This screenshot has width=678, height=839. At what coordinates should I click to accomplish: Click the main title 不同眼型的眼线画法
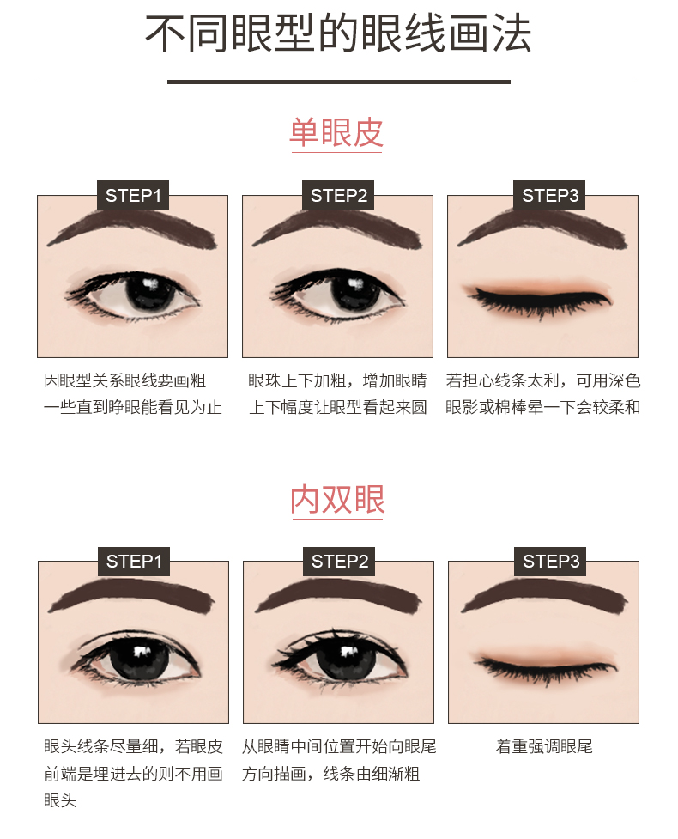(338, 35)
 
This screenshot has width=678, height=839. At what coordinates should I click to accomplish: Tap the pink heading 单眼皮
(336, 133)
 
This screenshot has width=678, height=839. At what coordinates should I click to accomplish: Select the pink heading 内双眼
(337, 500)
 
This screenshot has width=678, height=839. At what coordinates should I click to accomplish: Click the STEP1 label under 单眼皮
(133, 195)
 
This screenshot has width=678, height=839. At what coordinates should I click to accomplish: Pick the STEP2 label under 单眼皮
(338, 195)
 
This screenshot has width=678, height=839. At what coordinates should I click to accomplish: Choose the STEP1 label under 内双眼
(133, 562)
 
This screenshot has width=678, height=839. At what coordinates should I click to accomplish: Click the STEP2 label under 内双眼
(339, 562)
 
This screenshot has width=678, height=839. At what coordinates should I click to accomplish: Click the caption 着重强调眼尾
(544, 747)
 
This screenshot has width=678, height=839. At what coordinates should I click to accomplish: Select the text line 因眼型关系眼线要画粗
(125, 380)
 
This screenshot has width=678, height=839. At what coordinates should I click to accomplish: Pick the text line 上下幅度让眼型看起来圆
(338, 407)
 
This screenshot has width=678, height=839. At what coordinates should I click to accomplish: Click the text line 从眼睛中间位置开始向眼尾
(339, 747)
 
